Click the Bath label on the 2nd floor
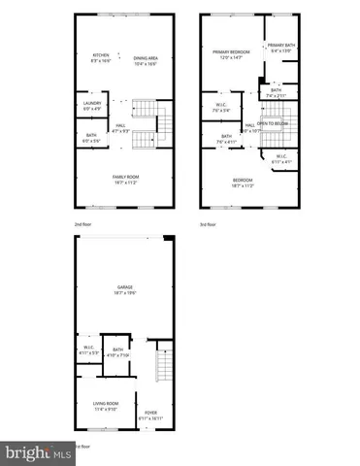tap(91, 135)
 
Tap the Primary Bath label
tap(282, 46)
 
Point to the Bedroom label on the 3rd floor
tap(243, 180)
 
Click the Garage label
tap(124, 287)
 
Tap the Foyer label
tap(150, 414)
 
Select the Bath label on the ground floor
tap(118, 349)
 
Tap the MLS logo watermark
tap(37, 452)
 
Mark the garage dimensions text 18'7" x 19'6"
tap(124, 292)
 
